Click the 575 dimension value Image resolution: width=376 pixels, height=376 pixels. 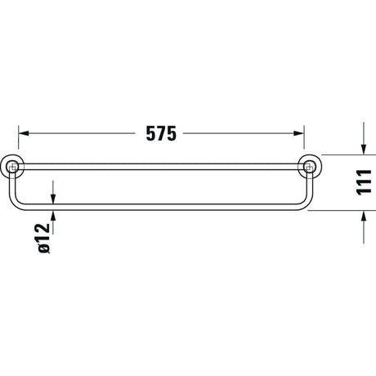click(161, 133)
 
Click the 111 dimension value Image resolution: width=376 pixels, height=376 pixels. click(364, 182)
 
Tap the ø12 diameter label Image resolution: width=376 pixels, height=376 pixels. click(44, 239)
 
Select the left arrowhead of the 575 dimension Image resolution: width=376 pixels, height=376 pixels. click(24, 133)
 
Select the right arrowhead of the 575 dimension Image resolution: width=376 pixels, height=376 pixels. click(298, 133)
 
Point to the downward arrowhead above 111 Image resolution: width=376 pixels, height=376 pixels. click(364, 150)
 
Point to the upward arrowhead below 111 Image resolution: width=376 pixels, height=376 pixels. click(364, 216)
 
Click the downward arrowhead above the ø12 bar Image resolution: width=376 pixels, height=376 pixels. click(53, 199)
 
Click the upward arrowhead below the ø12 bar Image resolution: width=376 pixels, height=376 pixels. click(53, 216)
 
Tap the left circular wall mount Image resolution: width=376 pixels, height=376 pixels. click(12, 167)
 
